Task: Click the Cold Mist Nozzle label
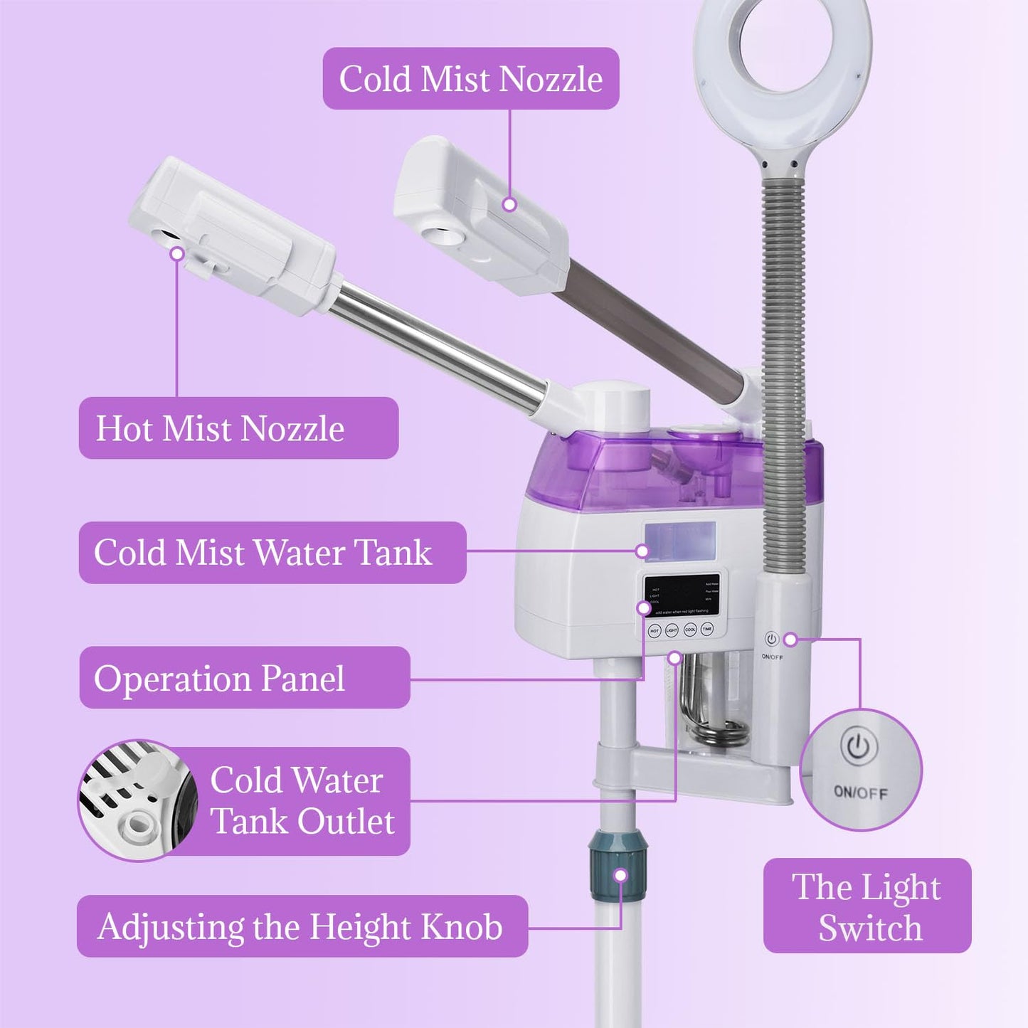click(x=470, y=78)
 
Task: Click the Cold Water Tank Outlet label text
click(x=302, y=800)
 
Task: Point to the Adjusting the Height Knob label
click(x=302, y=926)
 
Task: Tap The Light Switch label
click(x=867, y=906)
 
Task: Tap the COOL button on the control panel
click(x=689, y=630)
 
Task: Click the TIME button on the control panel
click(x=706, y=630)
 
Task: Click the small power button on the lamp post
click(x=772, y=639)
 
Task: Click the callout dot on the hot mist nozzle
click(x=177, y=253)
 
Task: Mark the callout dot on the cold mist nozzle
click(x=509, y=204)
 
